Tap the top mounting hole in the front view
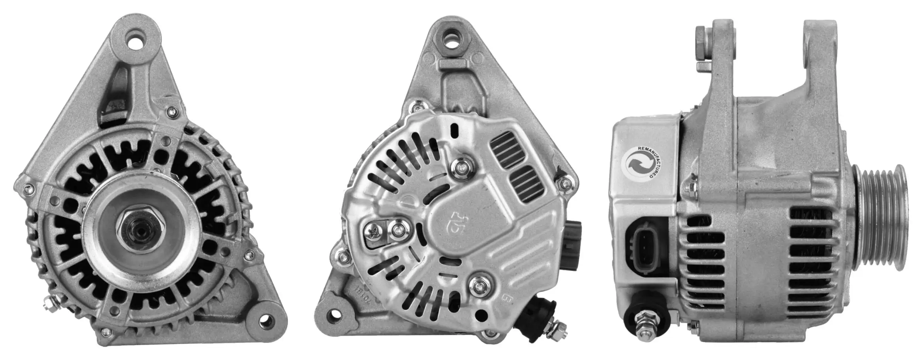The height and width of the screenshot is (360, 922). point(136,40)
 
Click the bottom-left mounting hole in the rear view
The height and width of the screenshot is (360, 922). point(333,315)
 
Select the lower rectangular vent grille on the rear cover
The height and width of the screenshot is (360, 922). point(527,184)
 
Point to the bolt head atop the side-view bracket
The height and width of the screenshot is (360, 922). point(700,42)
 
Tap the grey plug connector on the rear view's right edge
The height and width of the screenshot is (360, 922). point(572,245)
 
